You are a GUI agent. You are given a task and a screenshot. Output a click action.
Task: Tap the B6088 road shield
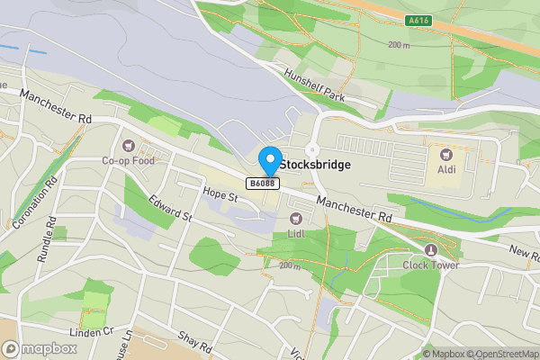(263, 184)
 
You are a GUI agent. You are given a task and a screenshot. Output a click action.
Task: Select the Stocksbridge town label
(315, 166)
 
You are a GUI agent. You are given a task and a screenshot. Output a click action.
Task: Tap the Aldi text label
(445, 169)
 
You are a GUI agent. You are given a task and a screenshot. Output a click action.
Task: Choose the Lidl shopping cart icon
(294, 219)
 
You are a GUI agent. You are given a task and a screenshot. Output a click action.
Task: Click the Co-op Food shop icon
(128, 146)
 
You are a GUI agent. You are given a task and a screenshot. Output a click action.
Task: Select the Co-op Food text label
(128, 162)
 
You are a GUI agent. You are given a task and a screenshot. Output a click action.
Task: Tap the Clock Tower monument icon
(431, 249)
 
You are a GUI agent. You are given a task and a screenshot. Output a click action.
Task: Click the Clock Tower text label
(431, 265)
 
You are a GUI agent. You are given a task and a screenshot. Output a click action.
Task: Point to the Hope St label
(220, 193)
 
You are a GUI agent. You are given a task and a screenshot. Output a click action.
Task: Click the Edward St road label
(171, 209)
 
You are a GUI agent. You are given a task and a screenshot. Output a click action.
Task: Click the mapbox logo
(40, 348)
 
